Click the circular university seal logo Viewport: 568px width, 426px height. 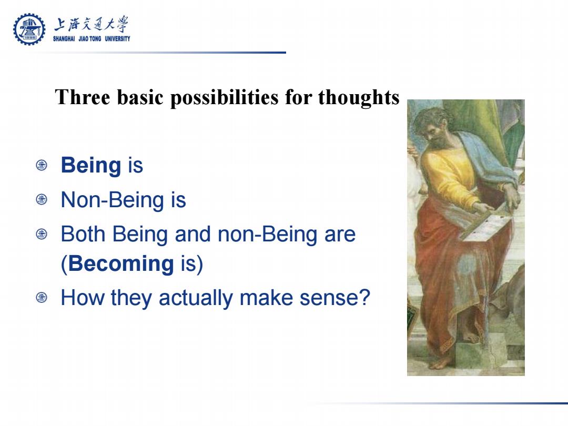pyautogui.click(x=29, y=29)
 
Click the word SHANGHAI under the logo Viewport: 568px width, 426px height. pyautogui.click(x=64, y=39)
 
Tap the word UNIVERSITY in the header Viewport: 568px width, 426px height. pyautogui.click(x=117, y=39)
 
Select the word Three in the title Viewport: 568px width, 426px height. pyautogui.click(x=83, y=97)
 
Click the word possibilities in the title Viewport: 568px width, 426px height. pyautogui.click(x=225, y=98)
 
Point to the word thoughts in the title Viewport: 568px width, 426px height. pyautogui.click(x=359, y=98)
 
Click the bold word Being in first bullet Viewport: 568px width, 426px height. pyautogui.click(x=91, y=166)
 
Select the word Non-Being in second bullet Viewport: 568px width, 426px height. pyautogui.click(x=113, y=200)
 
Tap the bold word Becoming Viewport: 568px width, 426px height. pyautogui.click(x=121, y=263)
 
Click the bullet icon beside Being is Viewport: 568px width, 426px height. pyautogui.click(x=42, y=165)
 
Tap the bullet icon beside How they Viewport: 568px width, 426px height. pyautogui.click(x=42, y=298)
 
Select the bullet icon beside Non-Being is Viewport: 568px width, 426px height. pyautogui.click(x=42, y=199)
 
